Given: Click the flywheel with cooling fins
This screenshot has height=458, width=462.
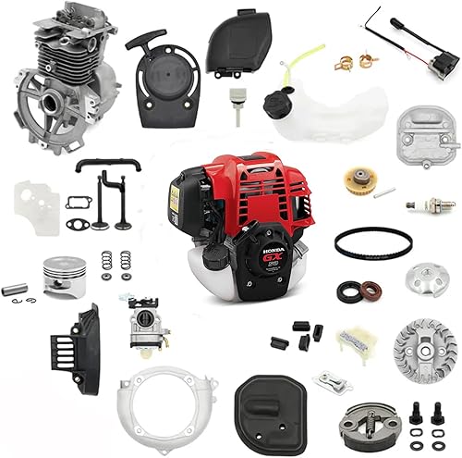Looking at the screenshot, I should point(424,350).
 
